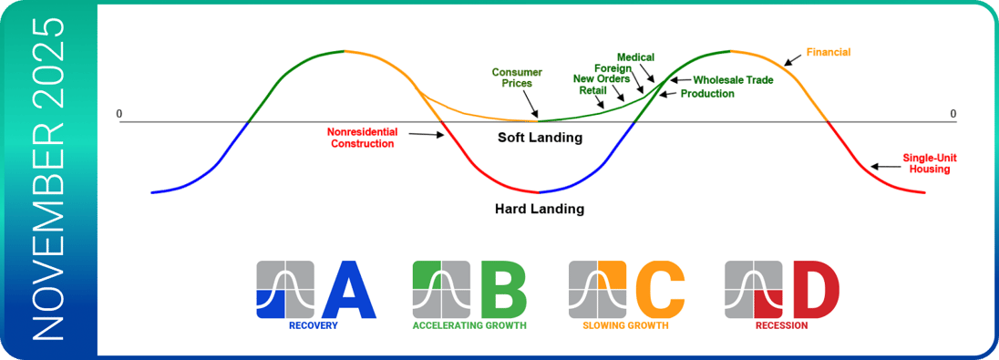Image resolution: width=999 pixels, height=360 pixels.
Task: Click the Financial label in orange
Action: (829, 52)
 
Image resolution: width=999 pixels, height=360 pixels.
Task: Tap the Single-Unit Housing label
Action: (926, 163)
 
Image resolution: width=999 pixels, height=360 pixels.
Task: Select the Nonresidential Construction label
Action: (362, 138)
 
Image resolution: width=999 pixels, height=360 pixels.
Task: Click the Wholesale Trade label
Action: (734, 80)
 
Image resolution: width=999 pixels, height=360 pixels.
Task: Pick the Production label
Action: (707, 94)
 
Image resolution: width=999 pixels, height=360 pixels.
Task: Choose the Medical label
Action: (636, 57)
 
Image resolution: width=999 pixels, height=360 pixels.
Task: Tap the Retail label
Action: (592, 90)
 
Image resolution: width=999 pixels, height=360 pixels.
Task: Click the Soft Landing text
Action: (540, 137)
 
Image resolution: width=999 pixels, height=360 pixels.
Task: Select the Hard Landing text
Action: (540, 209)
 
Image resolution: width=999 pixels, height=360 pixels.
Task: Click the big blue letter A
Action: (349, 290)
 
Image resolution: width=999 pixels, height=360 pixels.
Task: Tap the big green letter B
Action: (505, 290)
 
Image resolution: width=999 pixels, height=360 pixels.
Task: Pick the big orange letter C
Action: (660, 290)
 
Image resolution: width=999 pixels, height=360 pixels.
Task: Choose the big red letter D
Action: (815, 290)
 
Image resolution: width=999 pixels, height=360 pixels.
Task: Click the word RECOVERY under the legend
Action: (313, 326)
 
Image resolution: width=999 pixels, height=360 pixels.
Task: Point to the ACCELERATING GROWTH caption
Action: (469, 326)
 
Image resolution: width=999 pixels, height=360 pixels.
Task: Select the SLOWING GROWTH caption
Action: (625, 326)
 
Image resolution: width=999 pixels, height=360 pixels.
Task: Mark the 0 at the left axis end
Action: (118, 114)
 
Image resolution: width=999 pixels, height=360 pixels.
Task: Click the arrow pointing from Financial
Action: (793, 58)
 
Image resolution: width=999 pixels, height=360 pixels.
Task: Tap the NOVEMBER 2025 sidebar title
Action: (49, 180)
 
